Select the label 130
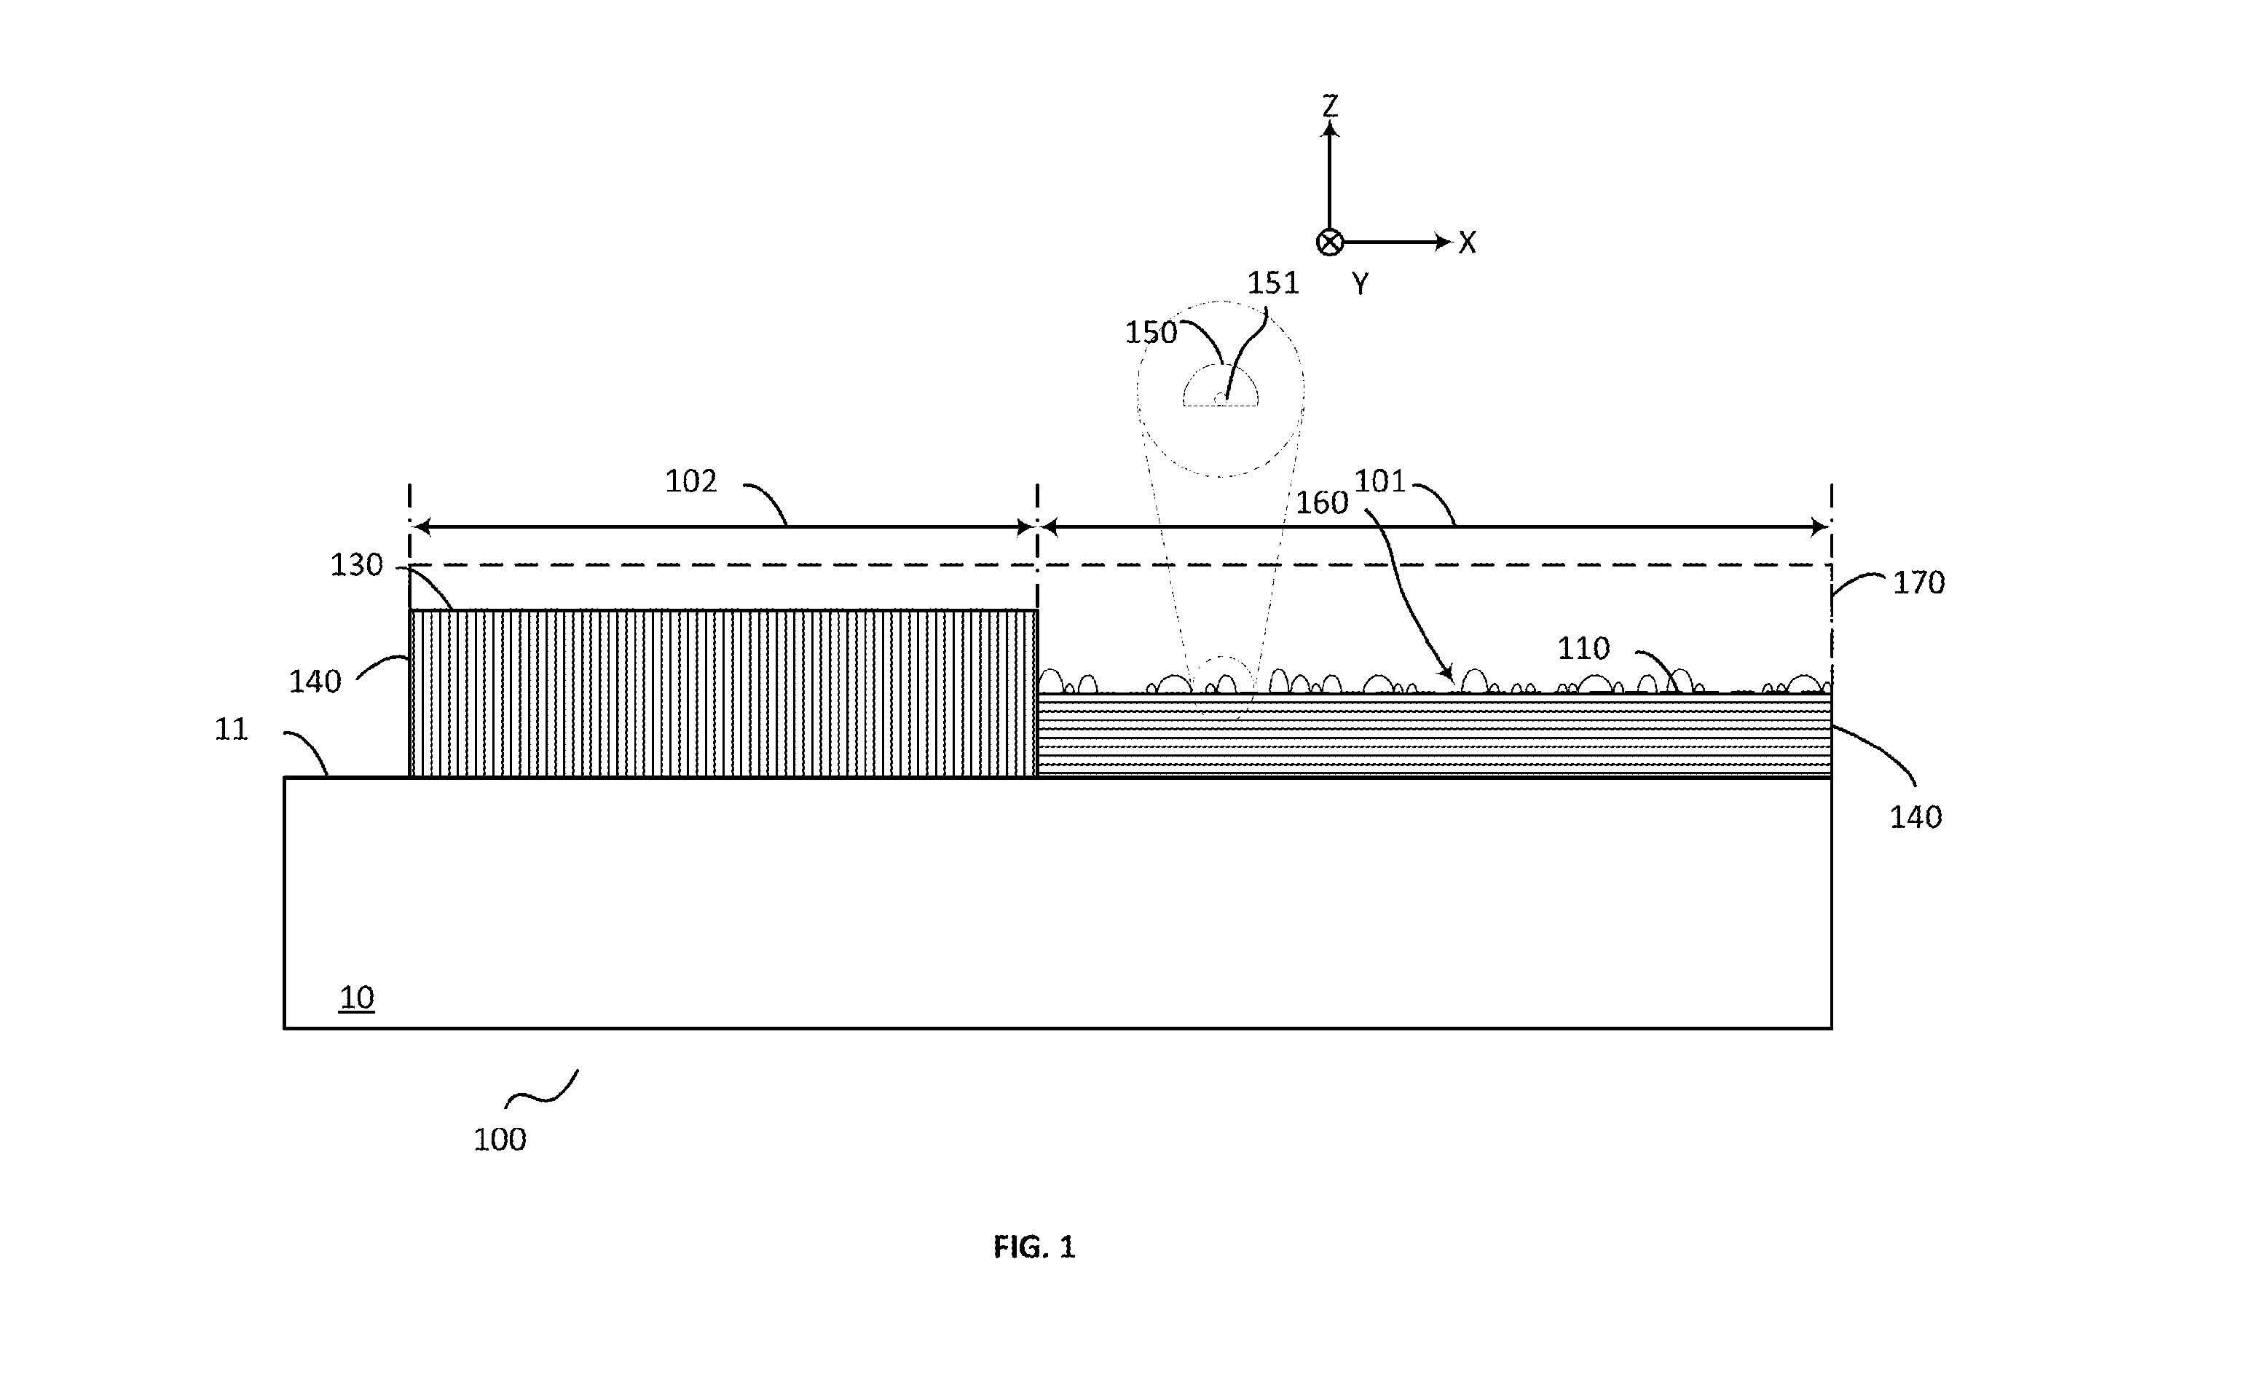(356, 565)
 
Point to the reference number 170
(1919, 583)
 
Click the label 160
(1322, 503)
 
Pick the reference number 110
(1583, 649)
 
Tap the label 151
(1273, 283)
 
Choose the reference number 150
(1151, 333)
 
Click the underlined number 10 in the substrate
(356, 998)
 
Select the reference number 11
(231, 730)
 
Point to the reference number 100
(500, 1140)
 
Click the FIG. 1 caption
(1034, 1247)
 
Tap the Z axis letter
(1329, 106)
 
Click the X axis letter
(1468, 243)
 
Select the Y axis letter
(1360, 284)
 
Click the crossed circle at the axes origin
(1329, 242)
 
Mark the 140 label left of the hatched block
(315, 682)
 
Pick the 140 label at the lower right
(1916, 817)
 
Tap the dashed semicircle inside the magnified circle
(1221, 366)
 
